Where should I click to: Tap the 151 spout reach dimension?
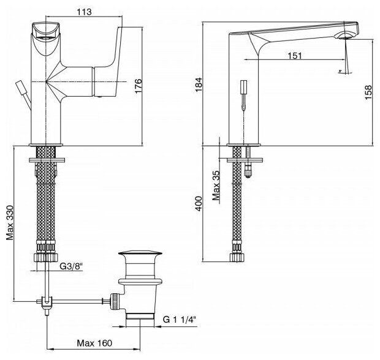tap(295, 56)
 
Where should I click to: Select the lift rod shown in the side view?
tap(244, 92)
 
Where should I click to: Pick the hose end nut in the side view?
tap(236, 255)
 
